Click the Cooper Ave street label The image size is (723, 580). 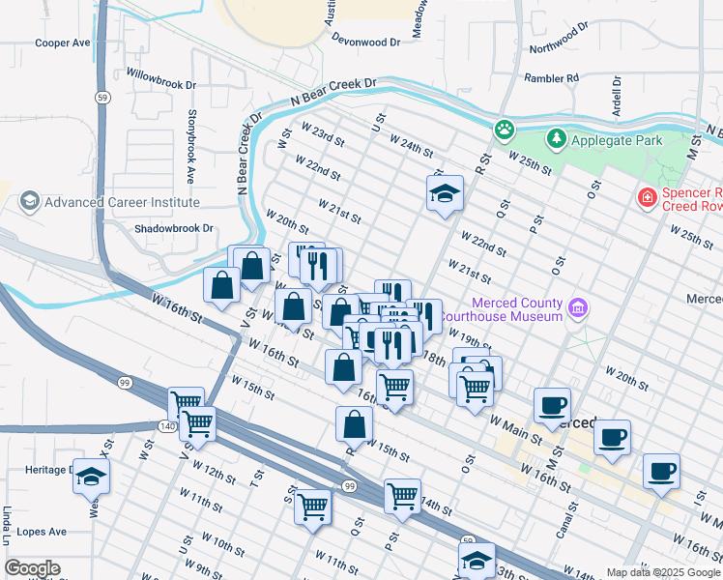[x=62, y=43]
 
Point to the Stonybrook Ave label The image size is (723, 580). [x=190, y=149]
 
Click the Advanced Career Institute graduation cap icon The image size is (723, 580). [x=29, y=202]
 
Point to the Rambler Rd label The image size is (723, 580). [x=551, y=77]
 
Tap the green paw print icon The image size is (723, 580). [x=504, y=129]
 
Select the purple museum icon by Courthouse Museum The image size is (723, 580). [x=578, y=309]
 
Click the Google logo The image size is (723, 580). [x=32, y=568]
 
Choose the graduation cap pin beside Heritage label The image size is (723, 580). [x=91, y=476]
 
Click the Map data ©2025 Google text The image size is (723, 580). [x=662, y=571]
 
